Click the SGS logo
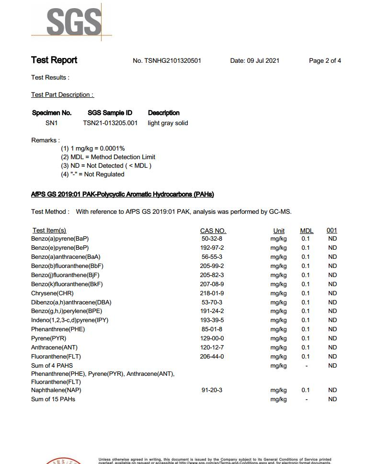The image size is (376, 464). pos(73,22)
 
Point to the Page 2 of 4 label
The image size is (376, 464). pos(325,61)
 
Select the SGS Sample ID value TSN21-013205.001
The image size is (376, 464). pos(110,123)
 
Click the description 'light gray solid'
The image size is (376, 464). pos(168,123)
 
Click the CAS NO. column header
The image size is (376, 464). pos(213,231)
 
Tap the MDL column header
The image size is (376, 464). pos(307,231)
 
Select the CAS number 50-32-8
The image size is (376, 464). pos(212,239)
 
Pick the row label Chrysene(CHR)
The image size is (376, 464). pos(52,293)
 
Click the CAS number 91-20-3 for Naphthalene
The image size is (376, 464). pos(212,390)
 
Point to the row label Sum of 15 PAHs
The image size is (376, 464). pos(53,399)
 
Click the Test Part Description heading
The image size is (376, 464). pos(62,95)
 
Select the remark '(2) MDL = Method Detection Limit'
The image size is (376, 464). pos(108,157)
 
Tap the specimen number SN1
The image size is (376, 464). pos(51,123)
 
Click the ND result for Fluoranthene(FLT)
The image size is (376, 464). pos(332,357)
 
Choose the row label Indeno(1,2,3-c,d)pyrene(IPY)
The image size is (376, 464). pos(69,320)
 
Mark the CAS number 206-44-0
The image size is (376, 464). pos(212,357)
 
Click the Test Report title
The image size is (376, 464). pos(54,60)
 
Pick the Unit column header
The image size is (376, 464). pos(279,231)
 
